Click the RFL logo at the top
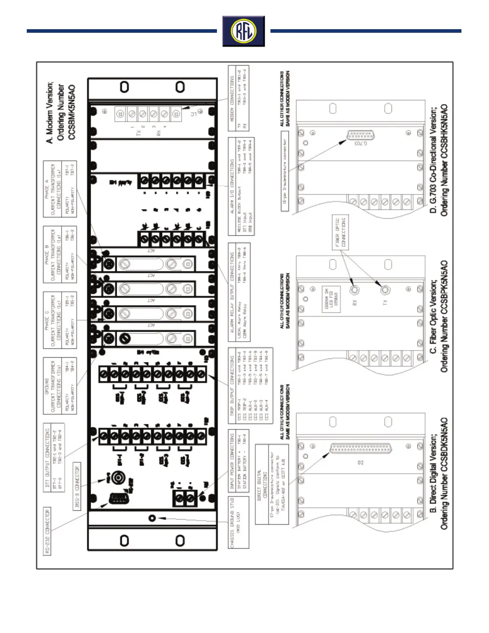[x=244, y=31]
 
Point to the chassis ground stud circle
[x=152, y=518]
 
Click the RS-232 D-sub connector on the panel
[x=119, y=498]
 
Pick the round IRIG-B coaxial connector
[x=118, y=477]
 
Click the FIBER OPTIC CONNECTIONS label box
[x=340, y=233]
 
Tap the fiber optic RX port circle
[x=354, y=290]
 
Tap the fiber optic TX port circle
[x=385, y=290]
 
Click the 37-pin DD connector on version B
[x=360, y=448]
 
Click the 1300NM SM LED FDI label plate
[x=331, y=298]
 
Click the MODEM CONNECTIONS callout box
[x=239, y=98]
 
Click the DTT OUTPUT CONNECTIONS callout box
[x=54, y=457]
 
